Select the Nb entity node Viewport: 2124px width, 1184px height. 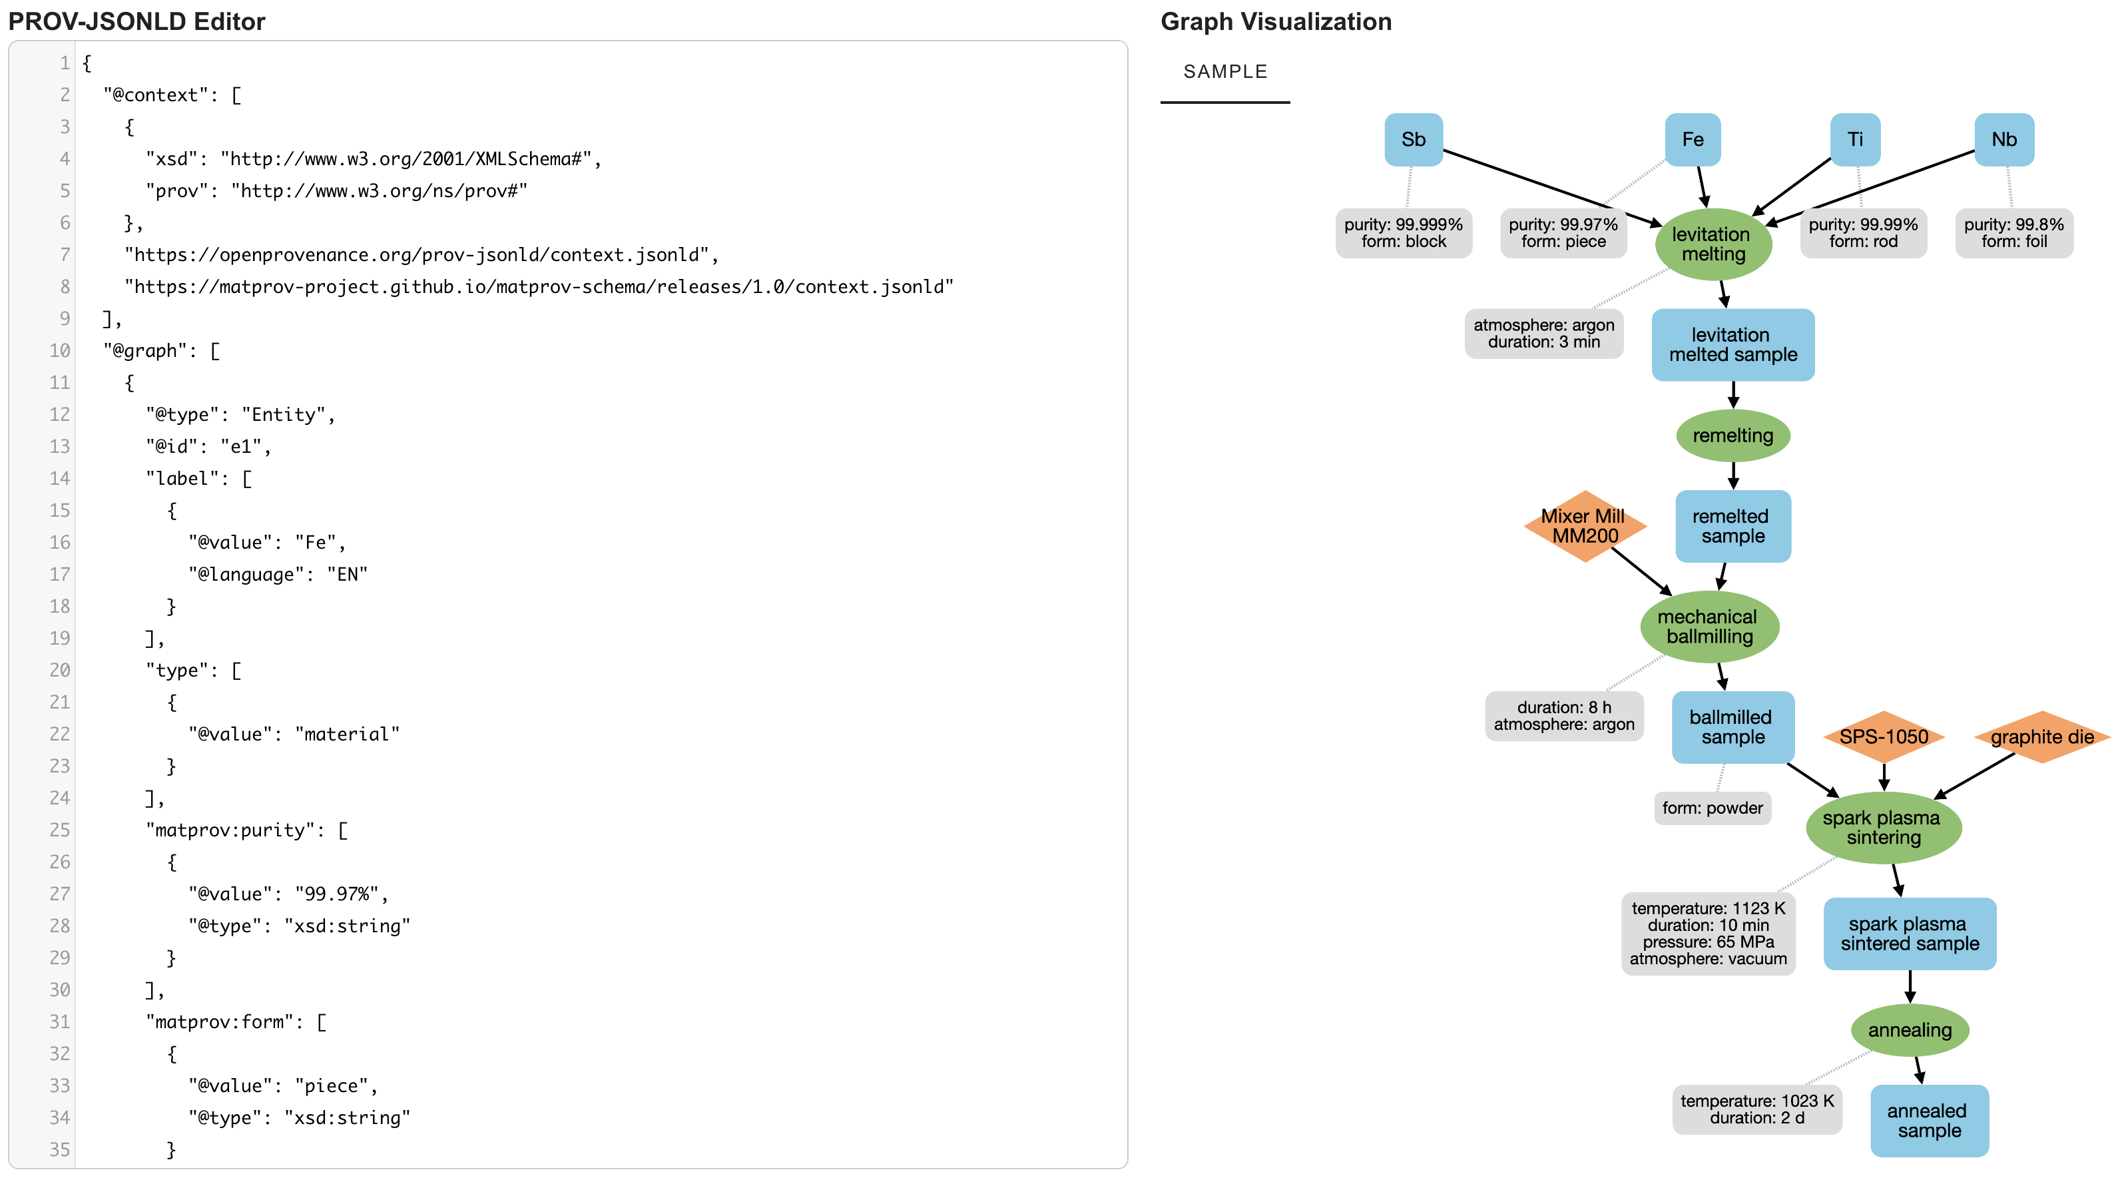[2003, 139]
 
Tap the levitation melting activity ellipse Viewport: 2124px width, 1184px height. [1713, 244]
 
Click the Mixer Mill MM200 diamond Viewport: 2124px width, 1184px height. [1584, 526]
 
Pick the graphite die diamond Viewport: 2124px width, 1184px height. [2041, 737]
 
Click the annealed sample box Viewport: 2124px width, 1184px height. [1929, 1121]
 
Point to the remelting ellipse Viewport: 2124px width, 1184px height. [1732, 436]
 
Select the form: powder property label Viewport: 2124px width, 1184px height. [1712, 808]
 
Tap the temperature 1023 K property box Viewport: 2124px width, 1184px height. [1756, 1109]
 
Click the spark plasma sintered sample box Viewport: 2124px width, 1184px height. [1909, 934]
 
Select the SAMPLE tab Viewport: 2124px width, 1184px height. [1224, 72]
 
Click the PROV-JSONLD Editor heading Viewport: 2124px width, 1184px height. [137, 21]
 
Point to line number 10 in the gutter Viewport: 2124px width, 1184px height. [59, 350]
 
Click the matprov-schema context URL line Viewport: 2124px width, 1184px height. [539, 287]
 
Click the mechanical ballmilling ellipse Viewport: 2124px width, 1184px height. [1709, 627]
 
